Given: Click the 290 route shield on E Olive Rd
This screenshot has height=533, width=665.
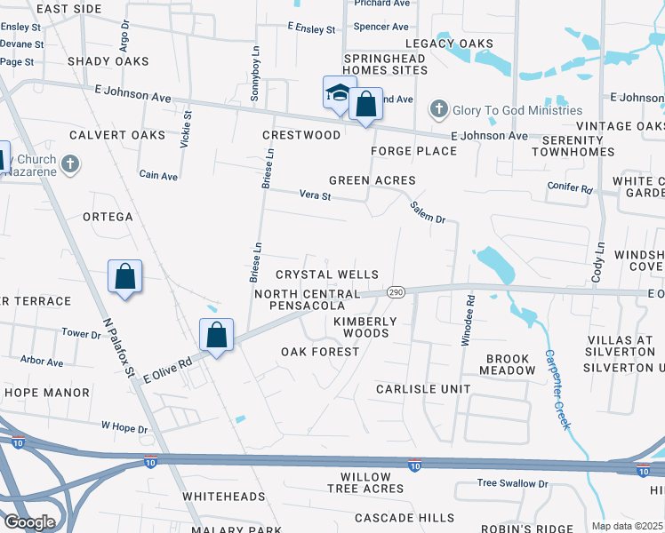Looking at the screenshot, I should click(397, 292).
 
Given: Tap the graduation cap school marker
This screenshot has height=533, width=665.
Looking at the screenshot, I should click(339, 94).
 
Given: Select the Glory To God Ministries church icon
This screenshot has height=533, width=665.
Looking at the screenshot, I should click(438, 110).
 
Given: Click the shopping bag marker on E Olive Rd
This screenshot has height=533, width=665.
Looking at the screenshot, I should click(216, 336).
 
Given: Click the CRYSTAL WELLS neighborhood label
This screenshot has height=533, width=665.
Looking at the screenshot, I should click(327, 275).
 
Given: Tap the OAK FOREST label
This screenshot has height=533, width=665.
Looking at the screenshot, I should click(320, 352).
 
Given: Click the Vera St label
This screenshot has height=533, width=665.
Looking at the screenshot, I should click(315, 195).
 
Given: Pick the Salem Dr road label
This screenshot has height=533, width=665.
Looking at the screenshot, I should click(427, 211).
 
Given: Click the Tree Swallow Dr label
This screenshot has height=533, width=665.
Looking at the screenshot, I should click(513, 483).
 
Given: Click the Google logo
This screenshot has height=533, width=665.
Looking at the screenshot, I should click(28, 521).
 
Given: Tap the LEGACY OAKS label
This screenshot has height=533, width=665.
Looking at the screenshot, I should click(449, 44).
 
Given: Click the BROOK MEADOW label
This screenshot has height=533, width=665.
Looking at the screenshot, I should click(509, 365).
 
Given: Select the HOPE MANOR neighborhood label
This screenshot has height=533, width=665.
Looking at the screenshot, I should click(46, 393).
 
